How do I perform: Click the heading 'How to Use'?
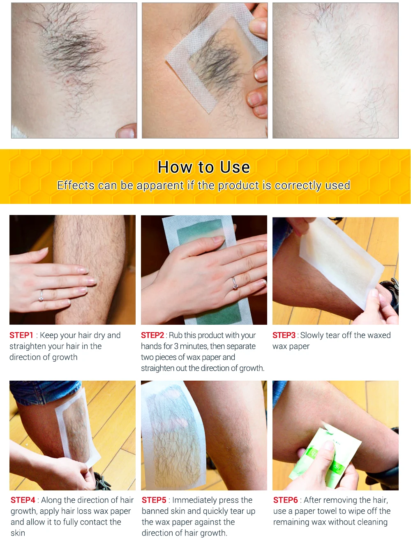(203, 167)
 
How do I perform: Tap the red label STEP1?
(21, 335)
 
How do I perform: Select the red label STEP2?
(152, 335)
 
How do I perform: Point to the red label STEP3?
(284, 335)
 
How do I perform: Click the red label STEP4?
(23, 500)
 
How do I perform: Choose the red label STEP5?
(154, 500)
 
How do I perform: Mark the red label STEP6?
(286, 500)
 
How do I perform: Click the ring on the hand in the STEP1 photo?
(41, 296)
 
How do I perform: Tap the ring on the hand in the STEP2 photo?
(235, 283)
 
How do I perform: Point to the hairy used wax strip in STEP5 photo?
(174, 435)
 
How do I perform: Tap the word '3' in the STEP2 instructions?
(176, 346)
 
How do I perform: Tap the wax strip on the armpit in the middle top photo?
(216, 58)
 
